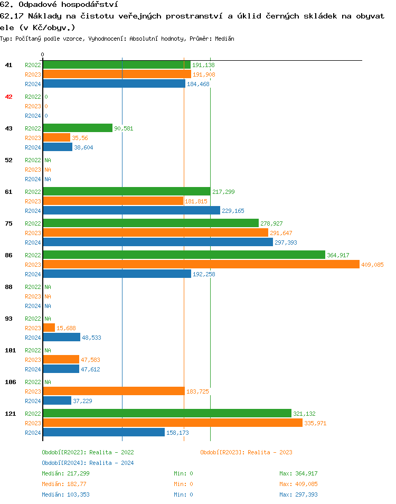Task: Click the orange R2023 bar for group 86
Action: [201, 265]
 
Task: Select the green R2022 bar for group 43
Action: [77, 128]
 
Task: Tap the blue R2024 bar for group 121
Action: [103, 433]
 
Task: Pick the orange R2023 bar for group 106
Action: [113, 391]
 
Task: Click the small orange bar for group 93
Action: [49, 328]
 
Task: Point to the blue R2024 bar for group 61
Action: [131, 211]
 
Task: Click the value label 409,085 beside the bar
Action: [372, 265]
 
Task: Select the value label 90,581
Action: [124, 128]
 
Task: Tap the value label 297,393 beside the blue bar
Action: [286, 242]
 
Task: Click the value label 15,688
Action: [66, 328]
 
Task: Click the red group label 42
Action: [8, 97]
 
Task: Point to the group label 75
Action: [8, 223]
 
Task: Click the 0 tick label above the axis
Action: [43, 54]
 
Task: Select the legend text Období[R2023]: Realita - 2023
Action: [246, 452]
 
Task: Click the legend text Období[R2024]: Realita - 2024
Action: [88, 463]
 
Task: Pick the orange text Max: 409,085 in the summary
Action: [298, 484]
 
